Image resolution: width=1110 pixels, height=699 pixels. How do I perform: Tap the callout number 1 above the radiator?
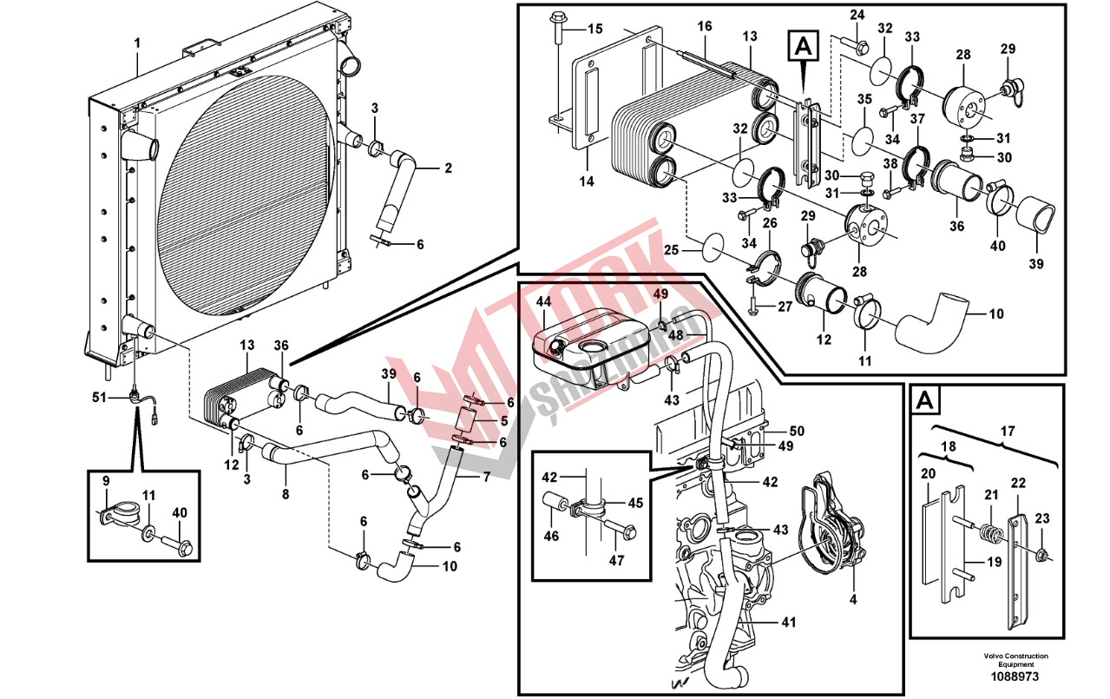(137, 43)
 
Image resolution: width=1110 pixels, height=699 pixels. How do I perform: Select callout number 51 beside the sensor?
(100, 397)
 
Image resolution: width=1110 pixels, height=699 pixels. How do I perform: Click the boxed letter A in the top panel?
(804, 47)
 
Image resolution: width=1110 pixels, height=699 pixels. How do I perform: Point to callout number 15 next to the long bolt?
(595, 30)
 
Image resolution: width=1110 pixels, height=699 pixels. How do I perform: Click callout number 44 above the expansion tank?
(543, 301)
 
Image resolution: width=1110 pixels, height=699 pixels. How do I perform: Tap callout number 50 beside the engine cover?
(797, 431)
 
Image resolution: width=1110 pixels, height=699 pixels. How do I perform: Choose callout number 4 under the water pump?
(853, 599)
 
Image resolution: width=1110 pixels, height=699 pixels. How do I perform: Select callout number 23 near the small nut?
(1042, 518)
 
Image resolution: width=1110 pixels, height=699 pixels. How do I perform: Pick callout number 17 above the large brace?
(1008, 432)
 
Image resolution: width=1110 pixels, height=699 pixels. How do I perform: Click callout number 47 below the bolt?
(616, 561)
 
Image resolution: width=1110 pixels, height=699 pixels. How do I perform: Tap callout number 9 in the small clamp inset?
(106, 481)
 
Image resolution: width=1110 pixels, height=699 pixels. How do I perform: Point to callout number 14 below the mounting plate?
(587, 181)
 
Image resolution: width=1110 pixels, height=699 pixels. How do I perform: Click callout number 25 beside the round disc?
(672, 250)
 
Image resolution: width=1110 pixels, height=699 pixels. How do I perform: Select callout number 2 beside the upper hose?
(449, 168)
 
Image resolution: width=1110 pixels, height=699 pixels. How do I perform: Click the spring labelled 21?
(992, 533)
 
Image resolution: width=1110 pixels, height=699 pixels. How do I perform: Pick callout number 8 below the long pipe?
(286, 495)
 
